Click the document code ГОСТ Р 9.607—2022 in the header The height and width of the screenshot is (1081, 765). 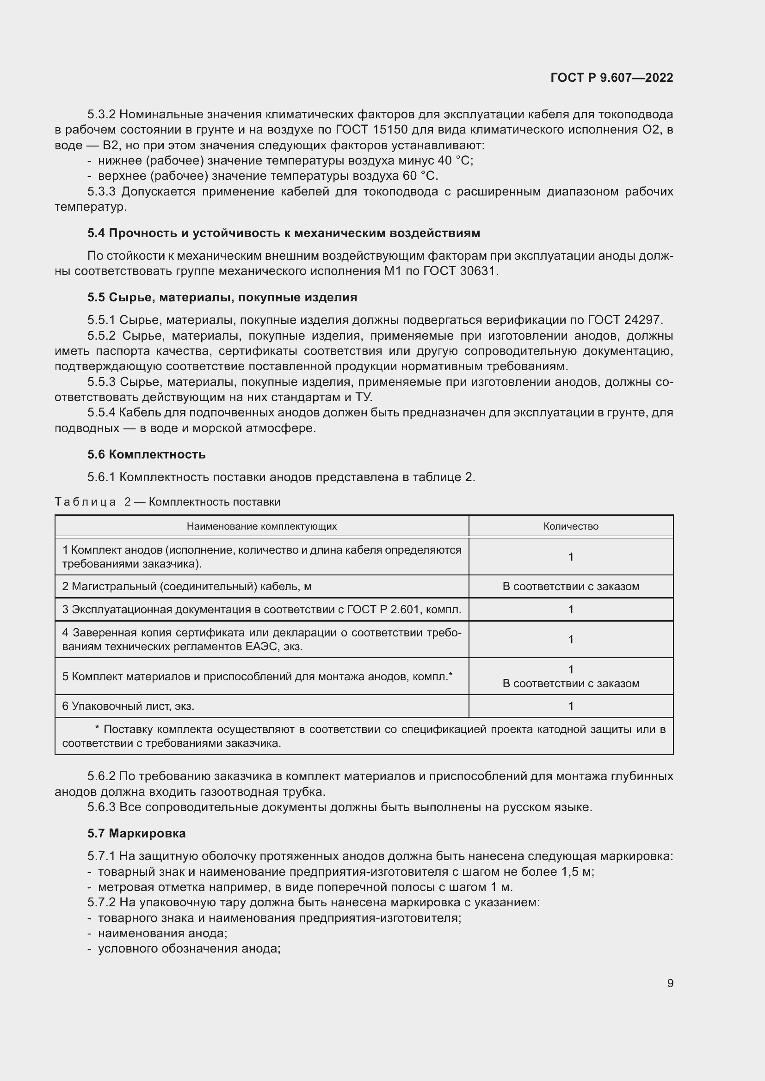pyautogui.click(x=611, y=78)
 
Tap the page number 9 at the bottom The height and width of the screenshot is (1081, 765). pyautogui.click(x=670, y=983)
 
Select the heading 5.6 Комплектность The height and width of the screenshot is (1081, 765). pyautogui.click(x=147, y=454)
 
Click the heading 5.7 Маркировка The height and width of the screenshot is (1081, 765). pyautogui.click(x=136, y=833)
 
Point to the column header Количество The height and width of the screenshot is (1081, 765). pyautogui.click(x=570, y=526)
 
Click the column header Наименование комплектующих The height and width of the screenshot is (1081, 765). pyautogui.click(x=261, y=526)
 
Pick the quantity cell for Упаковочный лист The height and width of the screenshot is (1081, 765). pyautogui.click(x=570, y=706)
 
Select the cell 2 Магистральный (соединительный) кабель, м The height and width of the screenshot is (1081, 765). pyautogui.click(x=187, y=586)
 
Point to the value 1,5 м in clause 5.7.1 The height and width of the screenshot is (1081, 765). pyautogui.click(x=578, y=872)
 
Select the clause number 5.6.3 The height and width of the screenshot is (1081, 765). pyautogui.click(x=101, y=807)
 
